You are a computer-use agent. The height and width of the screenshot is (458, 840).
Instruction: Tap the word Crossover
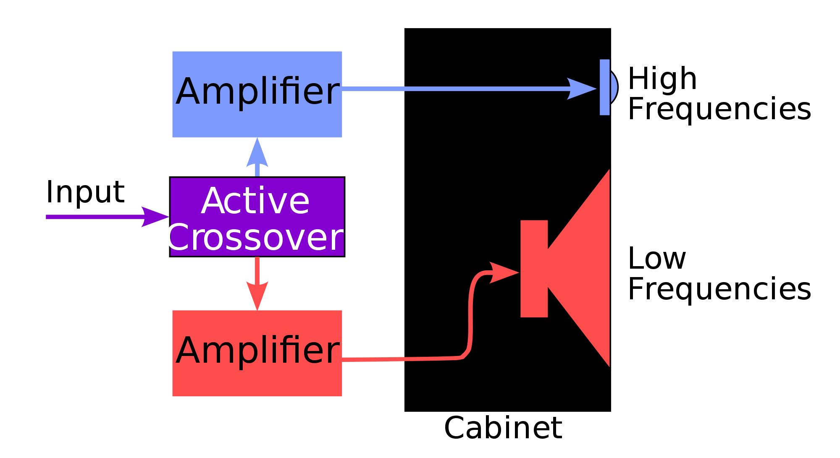coord(255,238)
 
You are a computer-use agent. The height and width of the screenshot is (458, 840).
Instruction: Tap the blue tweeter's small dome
coord(614,87)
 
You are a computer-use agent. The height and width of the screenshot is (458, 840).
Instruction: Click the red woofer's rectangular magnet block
coord(534,269)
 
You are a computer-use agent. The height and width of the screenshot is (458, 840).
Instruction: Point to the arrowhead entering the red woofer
coord(504,272)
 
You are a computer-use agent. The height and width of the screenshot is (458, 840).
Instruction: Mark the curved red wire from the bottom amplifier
coord(470,319)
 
